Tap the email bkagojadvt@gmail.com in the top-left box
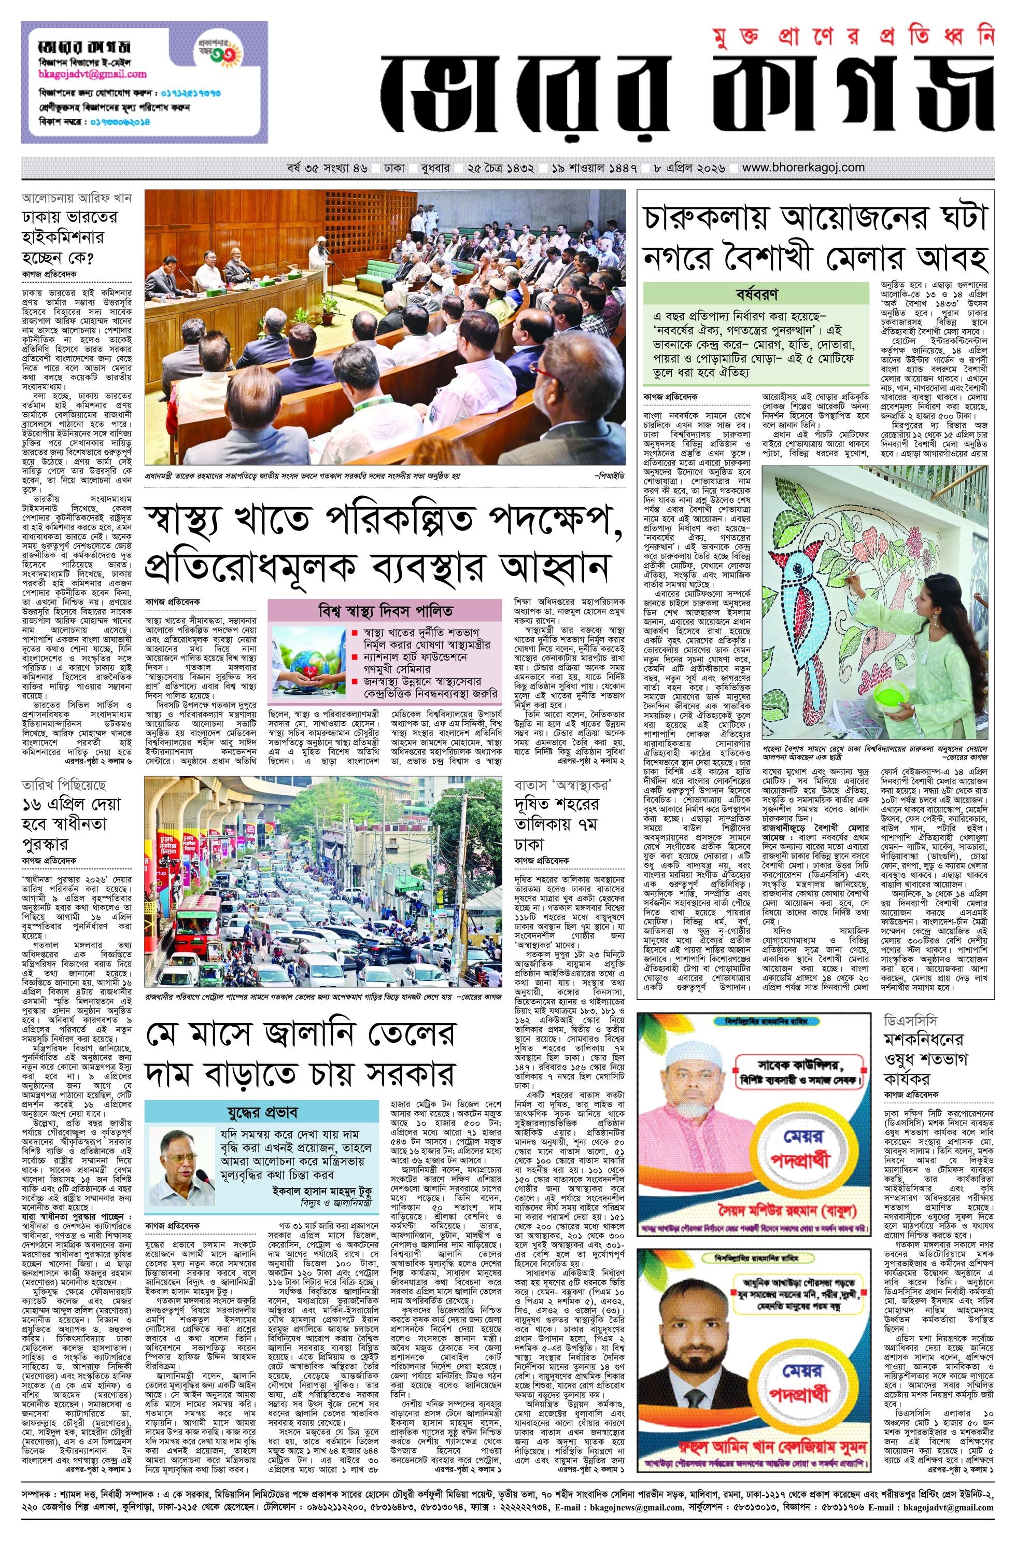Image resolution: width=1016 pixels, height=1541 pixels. pos(84,75)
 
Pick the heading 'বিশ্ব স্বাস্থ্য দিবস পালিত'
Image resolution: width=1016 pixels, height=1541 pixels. pos(386,611)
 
